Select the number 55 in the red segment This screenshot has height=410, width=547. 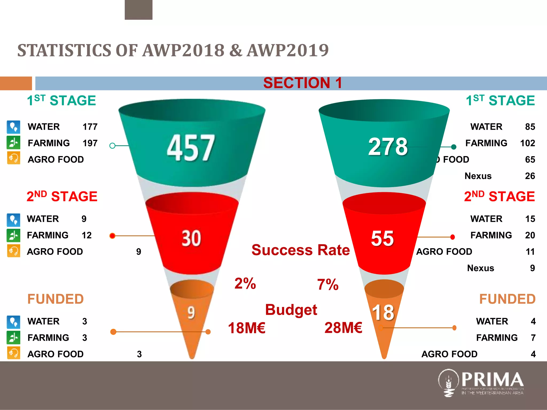tap(382, 238)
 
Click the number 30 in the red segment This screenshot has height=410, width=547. tap(191, 238)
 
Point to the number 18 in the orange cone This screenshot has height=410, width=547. tap(383, 312)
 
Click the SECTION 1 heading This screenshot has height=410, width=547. tap(302, 83)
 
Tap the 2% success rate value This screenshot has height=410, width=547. tap(245, 283)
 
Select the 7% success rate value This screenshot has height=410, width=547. tap(328, 285)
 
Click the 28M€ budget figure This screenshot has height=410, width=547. tap(343, 328)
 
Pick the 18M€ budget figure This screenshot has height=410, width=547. tap(247, 328)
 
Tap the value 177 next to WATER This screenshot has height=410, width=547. tap(90, 127)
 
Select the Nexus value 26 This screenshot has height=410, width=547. tap(530, 176)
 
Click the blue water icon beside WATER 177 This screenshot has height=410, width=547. tap(13, 127)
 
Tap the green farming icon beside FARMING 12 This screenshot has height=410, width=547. tap(13, 235)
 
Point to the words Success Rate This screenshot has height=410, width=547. tap(300, 250)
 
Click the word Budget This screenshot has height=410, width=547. tap(291, 310)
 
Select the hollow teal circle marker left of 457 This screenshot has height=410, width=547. tap(112, 146)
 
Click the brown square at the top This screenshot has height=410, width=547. tap(138, 10)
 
